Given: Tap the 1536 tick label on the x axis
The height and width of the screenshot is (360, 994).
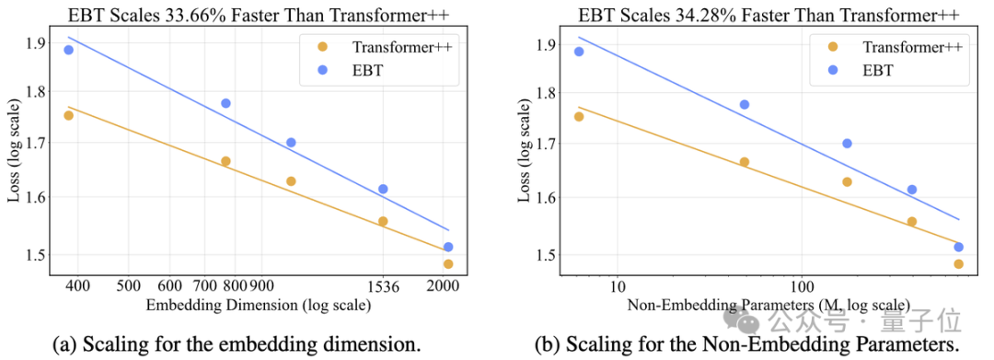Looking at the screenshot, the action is point(384,287).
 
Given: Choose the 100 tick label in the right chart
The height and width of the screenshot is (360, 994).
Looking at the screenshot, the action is point(802,288).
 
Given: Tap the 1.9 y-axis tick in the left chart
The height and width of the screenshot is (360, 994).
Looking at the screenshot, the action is point(36,43).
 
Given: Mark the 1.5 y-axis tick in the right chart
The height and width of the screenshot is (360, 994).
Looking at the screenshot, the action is point(547,255).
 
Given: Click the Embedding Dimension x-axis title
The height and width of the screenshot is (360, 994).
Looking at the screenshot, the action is point(259,306).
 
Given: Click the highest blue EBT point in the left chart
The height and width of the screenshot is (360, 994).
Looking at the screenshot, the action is point(68,50).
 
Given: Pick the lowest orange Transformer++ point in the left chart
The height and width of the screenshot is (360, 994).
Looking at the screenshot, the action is point(448,263).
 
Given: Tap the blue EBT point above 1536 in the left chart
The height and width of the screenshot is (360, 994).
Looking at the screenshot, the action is point(383,189).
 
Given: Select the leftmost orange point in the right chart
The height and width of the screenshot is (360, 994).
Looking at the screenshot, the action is point(579,117).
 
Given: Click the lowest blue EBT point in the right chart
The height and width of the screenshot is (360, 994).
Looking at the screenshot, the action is point(958,247).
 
